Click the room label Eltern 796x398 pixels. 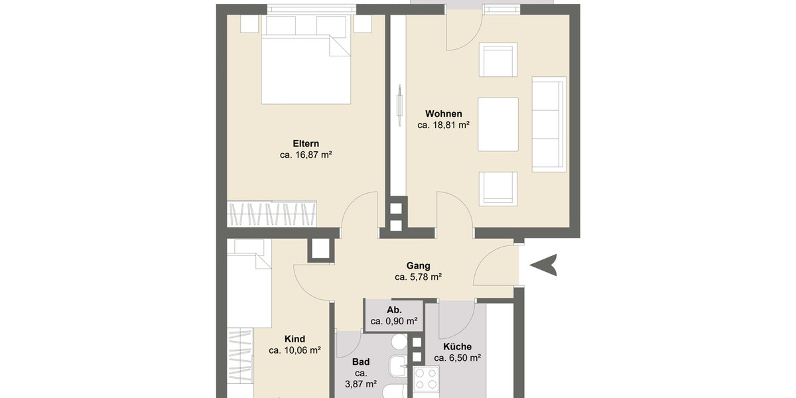(306, 143)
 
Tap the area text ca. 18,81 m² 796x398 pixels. (444, 125)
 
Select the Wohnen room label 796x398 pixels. (444, 113)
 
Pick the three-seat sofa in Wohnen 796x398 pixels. (549, 124)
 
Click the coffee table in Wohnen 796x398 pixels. (497, 124)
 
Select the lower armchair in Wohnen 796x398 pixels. (498, 188)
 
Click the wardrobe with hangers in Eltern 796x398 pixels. (272, 214)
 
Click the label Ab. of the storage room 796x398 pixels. (393, 310)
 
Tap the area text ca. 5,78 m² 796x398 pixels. (418, 277)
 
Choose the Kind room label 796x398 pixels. (295, 339)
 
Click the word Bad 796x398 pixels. (361, 362)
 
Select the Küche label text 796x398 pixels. (457, 346)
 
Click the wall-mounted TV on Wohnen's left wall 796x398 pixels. (399, 105)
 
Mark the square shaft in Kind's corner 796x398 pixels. (320, 249)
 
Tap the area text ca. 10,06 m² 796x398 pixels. (295, 350)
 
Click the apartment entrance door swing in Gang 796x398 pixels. (494, 265)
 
